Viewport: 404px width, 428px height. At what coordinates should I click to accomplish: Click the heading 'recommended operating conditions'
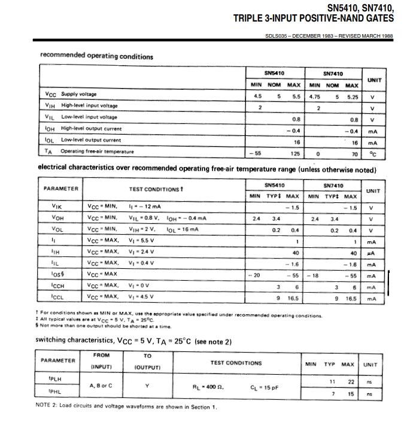96,57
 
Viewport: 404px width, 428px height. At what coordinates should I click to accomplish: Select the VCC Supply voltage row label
71,95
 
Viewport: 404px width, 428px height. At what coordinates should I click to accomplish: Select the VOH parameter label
58,218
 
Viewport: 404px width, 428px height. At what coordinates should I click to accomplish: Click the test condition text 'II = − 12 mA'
145,207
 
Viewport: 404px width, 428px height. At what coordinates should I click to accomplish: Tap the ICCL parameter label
58,298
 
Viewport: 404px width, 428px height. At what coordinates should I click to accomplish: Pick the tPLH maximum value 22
352,381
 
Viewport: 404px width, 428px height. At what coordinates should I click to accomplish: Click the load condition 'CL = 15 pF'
264,387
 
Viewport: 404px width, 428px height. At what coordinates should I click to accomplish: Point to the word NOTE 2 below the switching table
47,407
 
